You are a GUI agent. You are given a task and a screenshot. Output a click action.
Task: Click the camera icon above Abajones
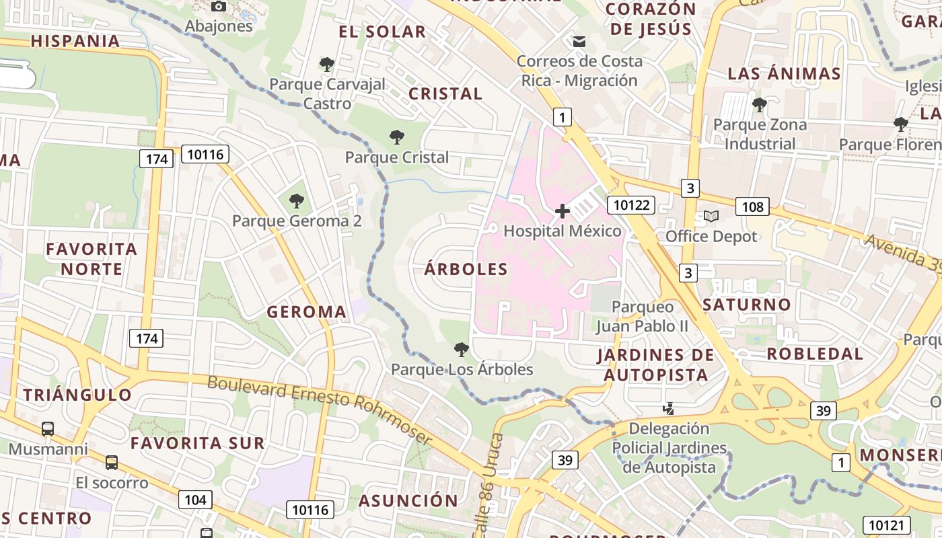click(219, 6)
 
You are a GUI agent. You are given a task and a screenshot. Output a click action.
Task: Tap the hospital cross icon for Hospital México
click(562, 211)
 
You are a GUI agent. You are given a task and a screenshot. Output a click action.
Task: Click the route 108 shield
click(752, 206)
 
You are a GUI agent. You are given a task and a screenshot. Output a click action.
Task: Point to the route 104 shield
click(195, 500)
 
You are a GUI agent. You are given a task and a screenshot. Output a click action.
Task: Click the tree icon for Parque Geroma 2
click(296, 200)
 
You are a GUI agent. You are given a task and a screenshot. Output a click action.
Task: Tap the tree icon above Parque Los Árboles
click(461, 349)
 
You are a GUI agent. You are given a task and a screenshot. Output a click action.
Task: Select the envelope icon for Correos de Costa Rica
click(579, 42)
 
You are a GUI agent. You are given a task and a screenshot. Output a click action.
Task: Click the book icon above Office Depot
click(711, 216)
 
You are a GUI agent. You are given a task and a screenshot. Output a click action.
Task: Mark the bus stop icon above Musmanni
click(48, 428)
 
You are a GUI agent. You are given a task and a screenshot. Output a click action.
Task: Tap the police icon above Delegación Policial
click(669, 408)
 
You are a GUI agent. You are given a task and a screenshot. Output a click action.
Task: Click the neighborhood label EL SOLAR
click(382, 32)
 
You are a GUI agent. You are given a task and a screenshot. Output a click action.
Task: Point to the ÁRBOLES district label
click(466, 269)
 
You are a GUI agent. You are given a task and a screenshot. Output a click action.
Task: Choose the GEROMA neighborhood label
click(306, 312)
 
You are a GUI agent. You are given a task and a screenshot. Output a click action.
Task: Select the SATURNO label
click(746, 305)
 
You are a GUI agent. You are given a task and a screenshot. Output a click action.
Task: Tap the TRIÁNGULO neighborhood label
click(77, 395)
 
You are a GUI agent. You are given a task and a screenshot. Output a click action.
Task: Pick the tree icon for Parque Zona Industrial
click(759, 105)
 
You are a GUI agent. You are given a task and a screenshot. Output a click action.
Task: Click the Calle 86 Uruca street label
click(489, 484)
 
